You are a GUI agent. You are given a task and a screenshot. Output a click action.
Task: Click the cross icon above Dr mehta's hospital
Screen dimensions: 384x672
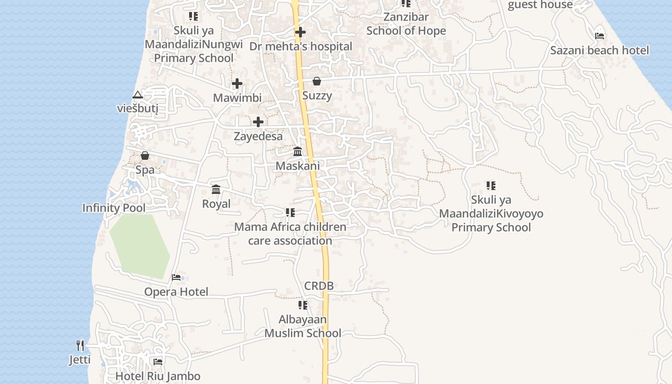[x=300, y=32]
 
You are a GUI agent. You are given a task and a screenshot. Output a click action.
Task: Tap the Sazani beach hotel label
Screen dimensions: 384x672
[x=600, y=50]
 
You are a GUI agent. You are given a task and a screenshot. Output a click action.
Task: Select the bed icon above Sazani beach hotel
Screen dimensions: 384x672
[x=600, y=35]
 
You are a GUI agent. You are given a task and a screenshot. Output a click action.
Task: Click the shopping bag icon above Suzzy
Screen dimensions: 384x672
[x=317, y=81]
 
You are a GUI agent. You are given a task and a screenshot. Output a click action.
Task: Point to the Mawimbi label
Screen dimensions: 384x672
[x=237, y=98]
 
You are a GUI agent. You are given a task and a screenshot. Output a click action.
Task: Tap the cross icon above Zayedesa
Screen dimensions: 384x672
[x=258, y=122]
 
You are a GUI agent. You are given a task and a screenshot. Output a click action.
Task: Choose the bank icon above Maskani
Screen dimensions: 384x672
[x=298, y=152]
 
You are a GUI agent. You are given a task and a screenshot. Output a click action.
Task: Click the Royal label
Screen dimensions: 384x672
[x=216, y=204]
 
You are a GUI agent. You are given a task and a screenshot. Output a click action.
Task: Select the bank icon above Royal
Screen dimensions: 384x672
[x=216, y=190]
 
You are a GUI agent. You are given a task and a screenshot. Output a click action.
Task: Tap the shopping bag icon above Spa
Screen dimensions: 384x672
[x=145, y=156]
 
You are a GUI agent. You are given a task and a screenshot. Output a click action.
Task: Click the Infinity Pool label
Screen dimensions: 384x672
[x=114, y=208]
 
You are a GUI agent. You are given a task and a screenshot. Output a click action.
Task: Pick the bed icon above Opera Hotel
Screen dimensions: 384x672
[x=176, y=277]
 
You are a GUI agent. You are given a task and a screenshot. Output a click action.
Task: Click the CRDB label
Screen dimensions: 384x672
[x=319, y=286]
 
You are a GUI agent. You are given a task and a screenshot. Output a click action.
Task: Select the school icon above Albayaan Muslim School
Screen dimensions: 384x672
[x=303, y=305]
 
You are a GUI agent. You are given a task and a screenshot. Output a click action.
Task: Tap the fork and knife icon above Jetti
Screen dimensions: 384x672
[x=80, y=345]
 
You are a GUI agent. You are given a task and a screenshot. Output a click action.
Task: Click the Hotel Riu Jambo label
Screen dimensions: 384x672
[x=158, y=376]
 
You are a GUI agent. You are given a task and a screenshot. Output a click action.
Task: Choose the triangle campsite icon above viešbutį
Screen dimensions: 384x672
[x=138, y=95]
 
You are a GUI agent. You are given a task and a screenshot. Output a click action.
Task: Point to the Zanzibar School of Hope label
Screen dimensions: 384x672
[x=406, y=24]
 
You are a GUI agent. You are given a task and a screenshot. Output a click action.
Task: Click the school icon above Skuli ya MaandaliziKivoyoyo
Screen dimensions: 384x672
[x=491, y=185]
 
